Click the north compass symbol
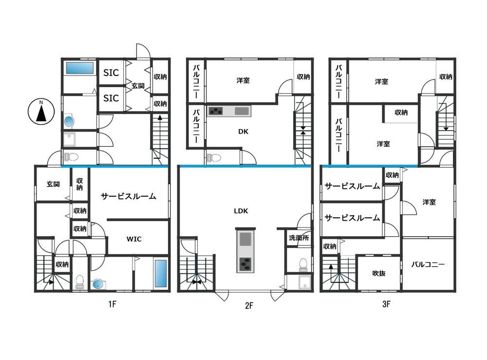41,112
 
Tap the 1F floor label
112,304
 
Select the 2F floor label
249,305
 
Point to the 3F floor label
386,304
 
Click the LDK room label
241,211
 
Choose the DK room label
243,132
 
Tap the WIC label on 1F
134,239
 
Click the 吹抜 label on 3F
379,273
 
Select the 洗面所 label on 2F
299,238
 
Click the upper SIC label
111,73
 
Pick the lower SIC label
111,98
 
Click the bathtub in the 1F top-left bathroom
79,68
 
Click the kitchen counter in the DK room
229,111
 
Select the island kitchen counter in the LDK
245,251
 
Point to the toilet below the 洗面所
303,265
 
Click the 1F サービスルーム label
128,196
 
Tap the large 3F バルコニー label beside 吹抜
428,265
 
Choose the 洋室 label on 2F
243,80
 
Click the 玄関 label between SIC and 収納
138,86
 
